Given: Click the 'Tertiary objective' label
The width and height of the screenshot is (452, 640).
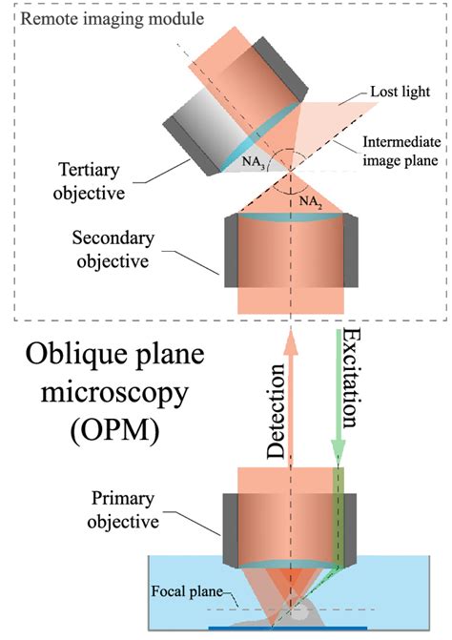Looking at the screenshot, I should click(x=98, y=193).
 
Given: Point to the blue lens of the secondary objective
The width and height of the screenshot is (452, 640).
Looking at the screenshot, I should click(x=288, y=223).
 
